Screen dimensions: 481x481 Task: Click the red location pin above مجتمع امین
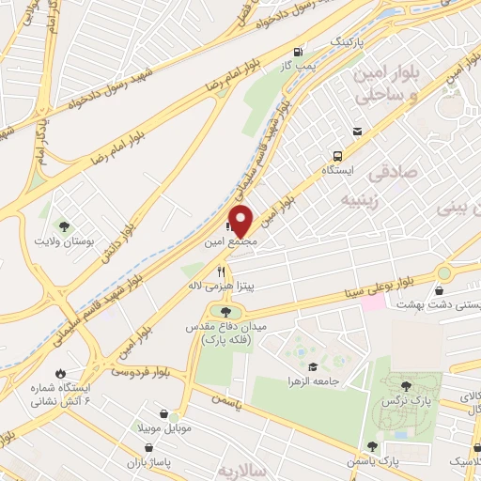(241, 220)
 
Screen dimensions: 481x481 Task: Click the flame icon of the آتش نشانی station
(62, 374)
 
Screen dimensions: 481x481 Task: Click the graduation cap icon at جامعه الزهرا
(312, 366)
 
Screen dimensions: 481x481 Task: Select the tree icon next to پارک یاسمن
(373, 446)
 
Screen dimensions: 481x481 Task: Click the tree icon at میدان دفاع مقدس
(225, 311)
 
